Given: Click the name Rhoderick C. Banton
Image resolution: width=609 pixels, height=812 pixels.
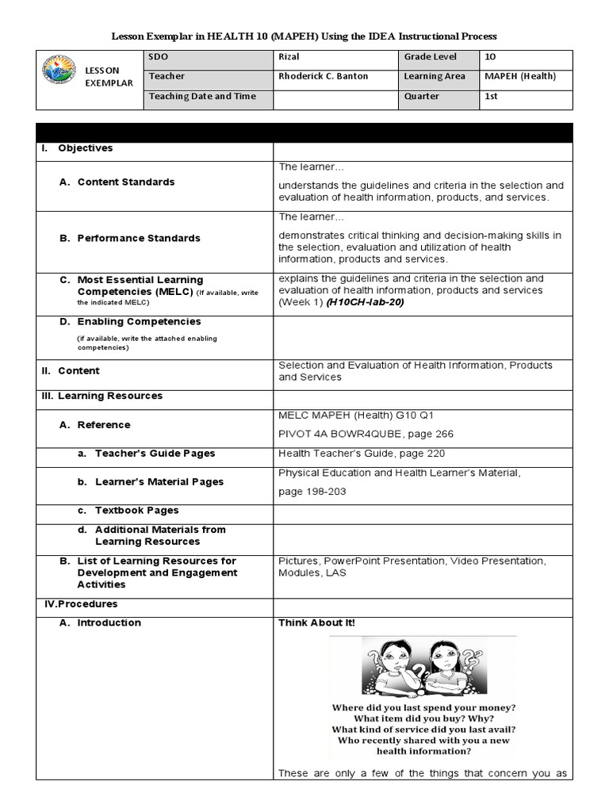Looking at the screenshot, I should (324, 77).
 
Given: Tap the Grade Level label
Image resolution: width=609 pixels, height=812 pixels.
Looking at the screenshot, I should (430, 57).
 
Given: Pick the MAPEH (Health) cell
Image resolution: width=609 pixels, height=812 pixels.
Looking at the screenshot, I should (519, 77).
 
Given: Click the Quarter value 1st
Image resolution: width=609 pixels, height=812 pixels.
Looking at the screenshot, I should (492, 96).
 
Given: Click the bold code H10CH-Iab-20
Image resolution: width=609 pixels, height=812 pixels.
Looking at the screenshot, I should (359, 302).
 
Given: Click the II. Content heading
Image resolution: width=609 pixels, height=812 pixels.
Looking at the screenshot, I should (71, 370).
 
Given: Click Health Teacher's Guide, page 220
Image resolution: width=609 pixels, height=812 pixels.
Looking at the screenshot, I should (361, 454).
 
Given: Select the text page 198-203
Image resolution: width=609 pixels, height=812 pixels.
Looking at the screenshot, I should (312, 492).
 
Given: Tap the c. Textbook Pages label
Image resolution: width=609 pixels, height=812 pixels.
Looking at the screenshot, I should (136, 511).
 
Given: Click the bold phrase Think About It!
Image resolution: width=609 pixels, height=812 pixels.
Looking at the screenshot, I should (316, 623).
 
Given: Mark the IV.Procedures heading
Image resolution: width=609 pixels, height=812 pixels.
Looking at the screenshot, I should (79, 604).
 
